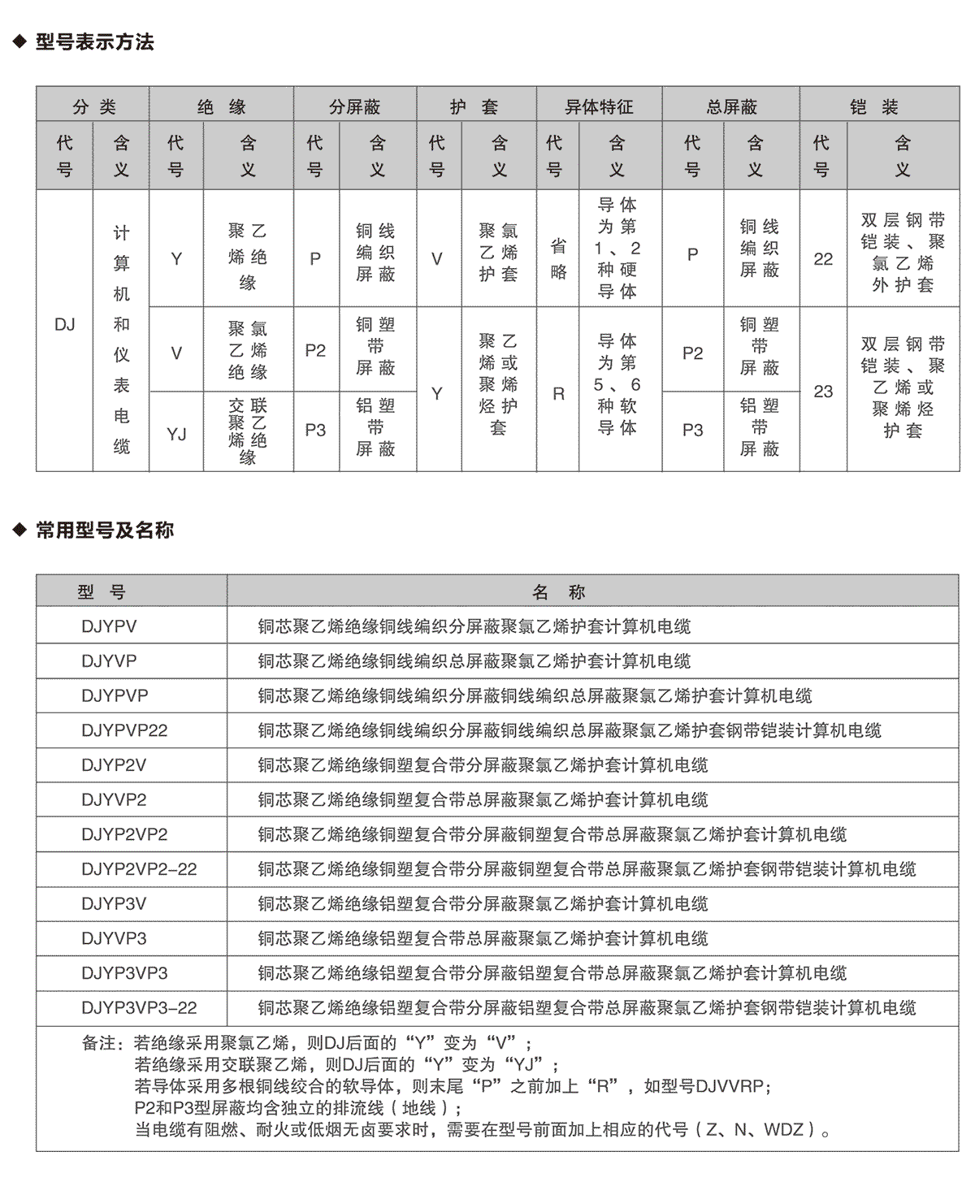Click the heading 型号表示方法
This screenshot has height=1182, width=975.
tap(94, 42)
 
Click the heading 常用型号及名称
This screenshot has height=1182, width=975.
tap(105, 530)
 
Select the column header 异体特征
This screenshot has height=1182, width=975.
tap(599, 106)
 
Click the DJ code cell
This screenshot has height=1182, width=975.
tap(65, 325)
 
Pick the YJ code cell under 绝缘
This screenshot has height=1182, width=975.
tap(176, 434)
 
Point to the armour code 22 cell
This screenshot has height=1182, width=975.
tap(823, 259)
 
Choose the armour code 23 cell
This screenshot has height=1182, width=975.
tap(823, 392)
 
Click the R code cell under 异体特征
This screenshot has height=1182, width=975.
tap(558, 394)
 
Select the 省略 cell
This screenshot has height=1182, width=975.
tap(558, 258)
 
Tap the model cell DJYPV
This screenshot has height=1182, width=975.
tap(109, 626)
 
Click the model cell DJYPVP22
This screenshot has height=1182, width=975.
tap(124, 730)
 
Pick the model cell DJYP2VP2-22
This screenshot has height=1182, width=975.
tap(139, 869)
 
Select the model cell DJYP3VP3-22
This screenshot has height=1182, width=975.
tap(139, 1008)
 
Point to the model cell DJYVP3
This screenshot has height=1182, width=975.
tap(114, 938)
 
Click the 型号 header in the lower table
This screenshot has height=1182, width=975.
tap(102, 592)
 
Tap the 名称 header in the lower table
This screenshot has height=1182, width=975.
tap(559, 592)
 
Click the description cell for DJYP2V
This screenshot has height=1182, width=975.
tap(483, 765)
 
